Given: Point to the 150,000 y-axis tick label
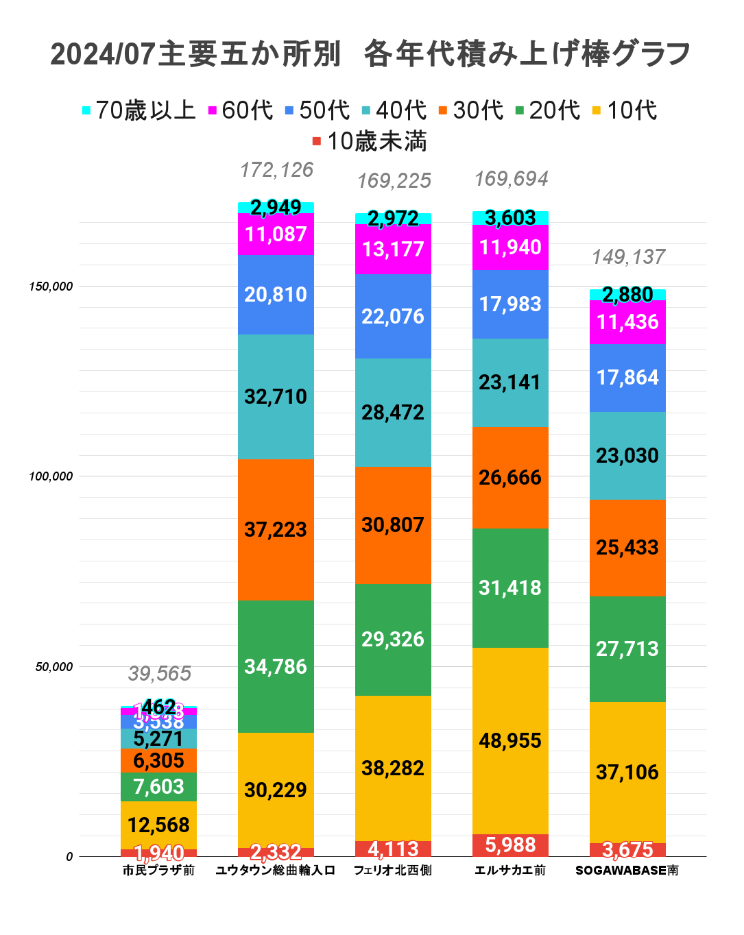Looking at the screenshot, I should click(51, 287).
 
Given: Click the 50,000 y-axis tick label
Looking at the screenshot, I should click(54, 667).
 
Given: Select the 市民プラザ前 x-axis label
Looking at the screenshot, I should click(158, 871).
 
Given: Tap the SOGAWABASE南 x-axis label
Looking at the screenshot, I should click(627, 871).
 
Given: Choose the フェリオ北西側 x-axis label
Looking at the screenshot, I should click(393, 871).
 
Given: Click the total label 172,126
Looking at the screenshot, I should click(276, 170).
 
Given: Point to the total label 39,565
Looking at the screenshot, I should click(159, 674).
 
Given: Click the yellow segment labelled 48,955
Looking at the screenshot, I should click(510, 741).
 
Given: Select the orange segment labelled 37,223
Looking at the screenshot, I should click(276, 529).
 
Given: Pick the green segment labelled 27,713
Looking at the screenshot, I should click(627, 648).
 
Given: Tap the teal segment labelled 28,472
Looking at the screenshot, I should click(393, 413).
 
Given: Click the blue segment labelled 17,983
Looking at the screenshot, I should click(510, 304).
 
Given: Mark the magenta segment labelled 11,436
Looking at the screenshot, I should click(627, 322).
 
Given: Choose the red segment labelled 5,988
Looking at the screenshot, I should click(510, 845).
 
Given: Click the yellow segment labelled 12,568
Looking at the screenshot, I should click(158, 825).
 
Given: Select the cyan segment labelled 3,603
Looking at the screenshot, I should click(510, 218).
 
